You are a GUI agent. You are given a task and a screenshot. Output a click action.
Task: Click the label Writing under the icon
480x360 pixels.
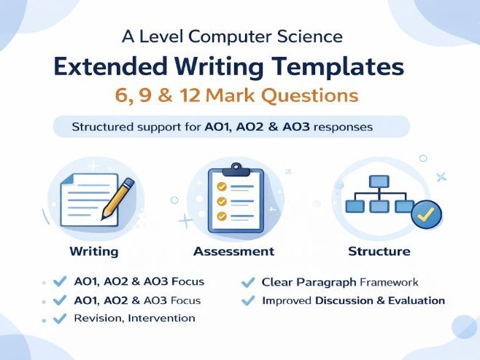93,251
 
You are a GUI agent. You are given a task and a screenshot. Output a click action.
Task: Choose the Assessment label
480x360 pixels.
233,251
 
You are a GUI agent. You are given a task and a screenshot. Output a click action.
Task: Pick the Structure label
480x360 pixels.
379,251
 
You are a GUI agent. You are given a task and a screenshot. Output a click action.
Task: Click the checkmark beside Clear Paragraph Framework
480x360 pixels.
248,282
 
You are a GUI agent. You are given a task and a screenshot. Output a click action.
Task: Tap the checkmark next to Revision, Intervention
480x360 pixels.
60,318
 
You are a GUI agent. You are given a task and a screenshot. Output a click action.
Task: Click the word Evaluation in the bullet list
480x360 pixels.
417,300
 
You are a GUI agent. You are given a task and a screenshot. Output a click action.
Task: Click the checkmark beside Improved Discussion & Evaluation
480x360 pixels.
248,300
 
